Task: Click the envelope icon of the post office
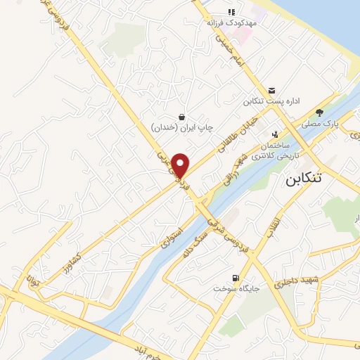271,90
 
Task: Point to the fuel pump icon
234,276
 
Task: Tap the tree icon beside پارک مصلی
320,112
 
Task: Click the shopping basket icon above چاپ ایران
182,117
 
